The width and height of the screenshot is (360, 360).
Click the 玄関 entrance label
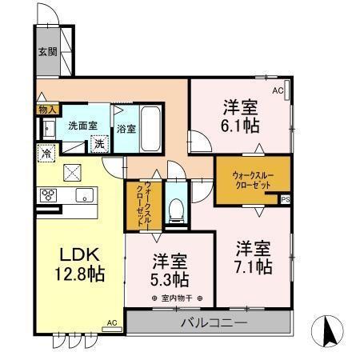coord(46,54)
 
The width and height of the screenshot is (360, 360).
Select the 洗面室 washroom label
coord(82,126)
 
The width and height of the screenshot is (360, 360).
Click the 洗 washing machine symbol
coord(99,145)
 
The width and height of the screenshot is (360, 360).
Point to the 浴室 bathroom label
coord(126,128)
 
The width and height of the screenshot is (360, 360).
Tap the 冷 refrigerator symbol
coord(47,153)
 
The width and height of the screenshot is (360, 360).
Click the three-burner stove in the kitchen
coord(47,194)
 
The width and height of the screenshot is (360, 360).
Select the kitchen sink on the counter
coord(82,195)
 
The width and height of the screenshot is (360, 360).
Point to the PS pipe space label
coord(285,199)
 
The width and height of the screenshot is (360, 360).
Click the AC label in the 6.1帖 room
coord(278,92)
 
